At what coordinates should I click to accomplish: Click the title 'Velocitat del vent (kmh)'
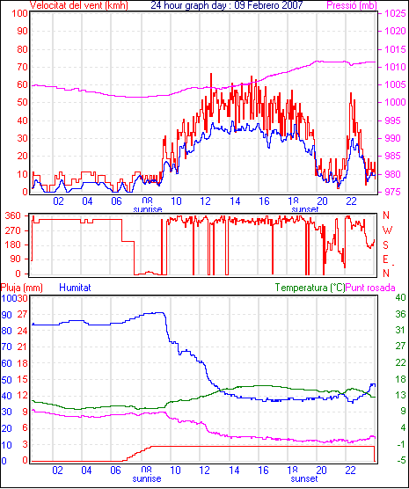[78, 5]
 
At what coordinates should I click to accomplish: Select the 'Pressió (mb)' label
[352, 5]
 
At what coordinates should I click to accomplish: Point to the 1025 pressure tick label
[395, 13]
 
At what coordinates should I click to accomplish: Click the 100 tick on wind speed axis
[19, 13]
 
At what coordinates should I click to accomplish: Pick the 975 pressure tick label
[395, 192]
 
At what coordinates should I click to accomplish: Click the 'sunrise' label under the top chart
[148, 209]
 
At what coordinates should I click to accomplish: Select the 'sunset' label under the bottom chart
[304, 478]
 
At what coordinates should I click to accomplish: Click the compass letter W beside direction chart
[387, 230]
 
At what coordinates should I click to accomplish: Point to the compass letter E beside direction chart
[385, 259]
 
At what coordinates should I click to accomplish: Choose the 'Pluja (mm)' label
[21, 288]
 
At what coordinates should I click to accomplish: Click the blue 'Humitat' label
[75, 288]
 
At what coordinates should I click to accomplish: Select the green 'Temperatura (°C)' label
[310, 288]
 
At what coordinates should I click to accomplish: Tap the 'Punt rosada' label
[370, 288]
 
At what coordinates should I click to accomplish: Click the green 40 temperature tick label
[400, 297]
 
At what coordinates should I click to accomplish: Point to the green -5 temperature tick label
[400, 460]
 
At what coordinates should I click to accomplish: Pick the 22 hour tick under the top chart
[351, 201]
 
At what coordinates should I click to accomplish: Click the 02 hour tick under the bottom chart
[57, 470]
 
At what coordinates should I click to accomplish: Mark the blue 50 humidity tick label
[6, 380]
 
